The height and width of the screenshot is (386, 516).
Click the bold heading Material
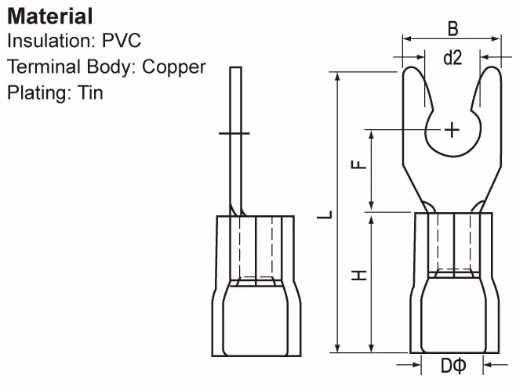(50, 15)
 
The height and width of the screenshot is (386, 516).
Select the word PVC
(121, 41)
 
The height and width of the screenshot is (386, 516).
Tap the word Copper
(174, 67)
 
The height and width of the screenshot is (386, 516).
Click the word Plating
(38, 92)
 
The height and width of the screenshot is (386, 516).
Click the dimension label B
(452, 28)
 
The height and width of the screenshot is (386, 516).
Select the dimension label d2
(452, 58)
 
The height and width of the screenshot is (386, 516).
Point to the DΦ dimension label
(452, 366)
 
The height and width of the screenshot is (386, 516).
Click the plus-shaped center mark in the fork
(452, 129)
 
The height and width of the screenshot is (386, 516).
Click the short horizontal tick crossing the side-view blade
(234, 134)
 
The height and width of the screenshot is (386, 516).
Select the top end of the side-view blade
(234, 70)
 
